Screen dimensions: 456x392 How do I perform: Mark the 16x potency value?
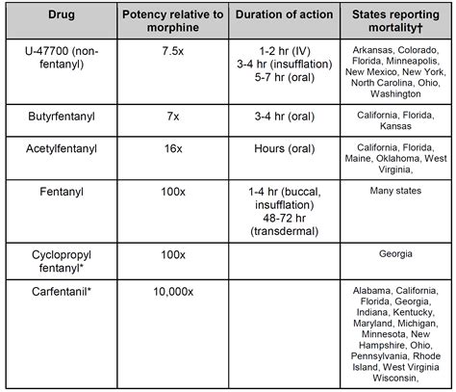coord(173,151)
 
